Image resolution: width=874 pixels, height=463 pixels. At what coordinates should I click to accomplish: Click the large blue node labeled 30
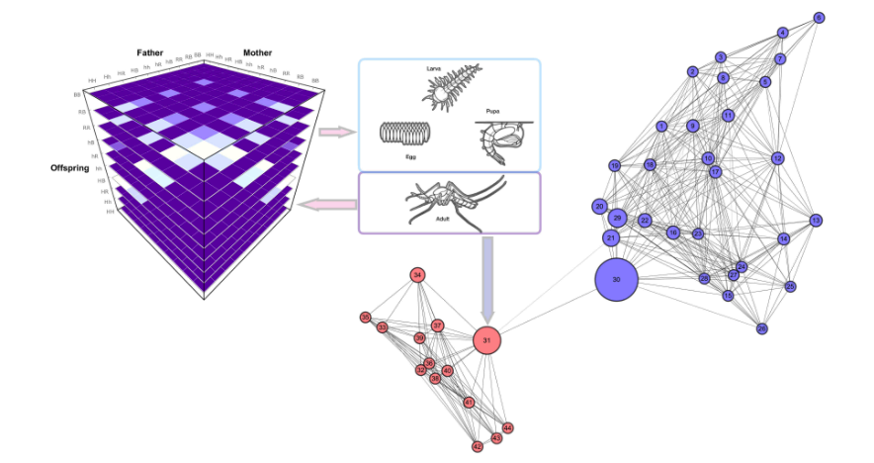[x=617, y=280]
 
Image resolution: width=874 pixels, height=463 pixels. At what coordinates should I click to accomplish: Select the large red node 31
[x=485, y=340]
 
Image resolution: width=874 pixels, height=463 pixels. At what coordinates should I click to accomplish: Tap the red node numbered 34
[x=418, y=275]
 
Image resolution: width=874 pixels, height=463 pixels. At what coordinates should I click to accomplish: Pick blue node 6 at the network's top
[x=819, y=18]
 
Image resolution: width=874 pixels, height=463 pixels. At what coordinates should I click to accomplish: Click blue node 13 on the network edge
[x=816, y=220]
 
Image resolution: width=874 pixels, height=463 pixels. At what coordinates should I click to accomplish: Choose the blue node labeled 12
[x=778, y=158]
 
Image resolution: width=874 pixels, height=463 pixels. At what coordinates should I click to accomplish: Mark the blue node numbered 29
[x=617, y=218]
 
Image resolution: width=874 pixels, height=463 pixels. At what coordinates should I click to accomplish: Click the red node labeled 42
[x=478, y=446]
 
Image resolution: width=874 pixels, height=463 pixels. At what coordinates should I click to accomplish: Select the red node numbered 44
[x=508, y=427]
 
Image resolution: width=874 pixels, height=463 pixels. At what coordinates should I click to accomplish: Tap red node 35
[x=366, y=318]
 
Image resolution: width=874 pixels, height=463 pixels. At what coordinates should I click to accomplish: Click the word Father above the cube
[x=150, y=52]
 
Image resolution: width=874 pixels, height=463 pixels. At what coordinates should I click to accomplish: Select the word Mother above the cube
[x=256, y=52]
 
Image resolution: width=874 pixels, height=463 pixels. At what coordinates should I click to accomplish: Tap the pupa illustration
[x=503, y=137]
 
